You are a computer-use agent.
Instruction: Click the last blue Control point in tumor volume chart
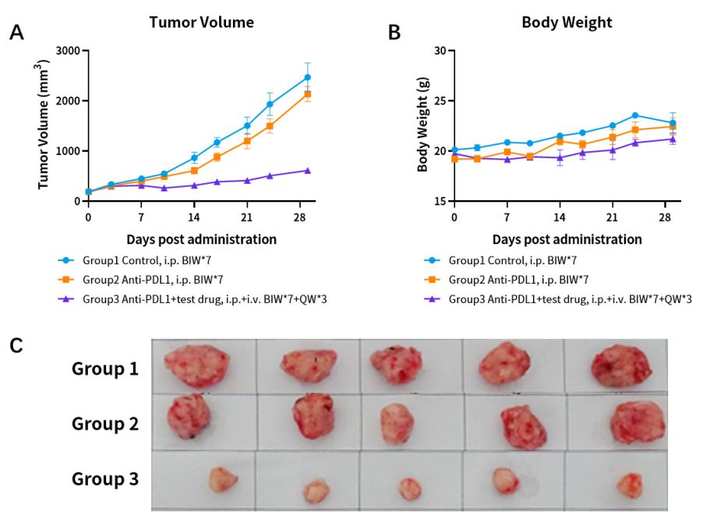pyautogui.click(x=308, y=77)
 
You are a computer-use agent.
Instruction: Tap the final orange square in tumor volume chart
pyautogui.click(x=308, y=94)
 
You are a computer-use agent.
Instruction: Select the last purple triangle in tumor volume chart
pyautogui.click(x=308, y=170)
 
